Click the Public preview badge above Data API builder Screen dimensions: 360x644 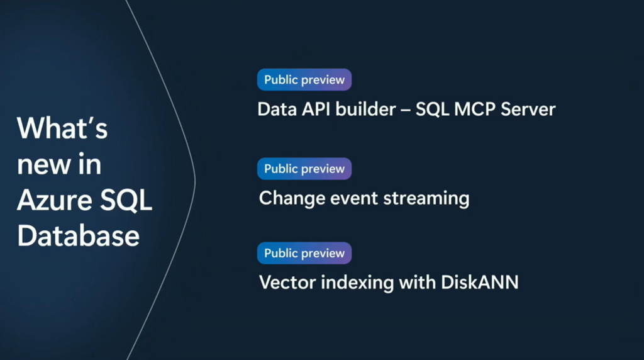point(304,80)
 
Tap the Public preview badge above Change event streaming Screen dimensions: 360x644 point(304,169)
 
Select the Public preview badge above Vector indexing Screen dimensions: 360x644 point(304,253)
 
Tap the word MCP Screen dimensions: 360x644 point(474,110)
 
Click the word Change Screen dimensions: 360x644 point(286,198)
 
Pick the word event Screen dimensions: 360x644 point(341,198)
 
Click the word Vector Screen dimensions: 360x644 point(287,283)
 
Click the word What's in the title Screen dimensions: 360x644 point(62,129)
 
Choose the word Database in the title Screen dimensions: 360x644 point(78,236)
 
